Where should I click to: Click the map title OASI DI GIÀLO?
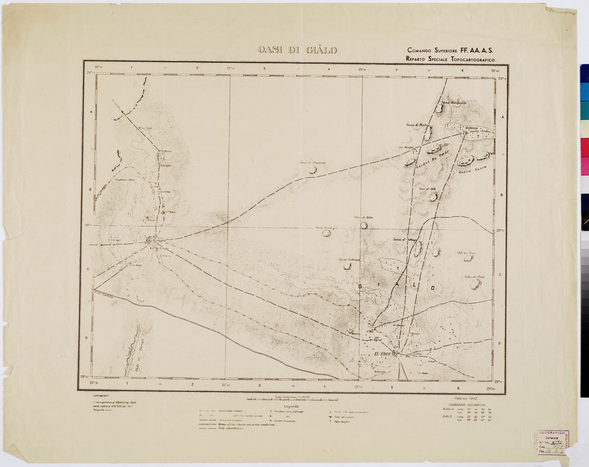tap(297, 51)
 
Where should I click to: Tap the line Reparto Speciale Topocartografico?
tap(450, 59)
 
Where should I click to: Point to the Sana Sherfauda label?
tap(453, 102)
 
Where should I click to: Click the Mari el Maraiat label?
tap(312, 163)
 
